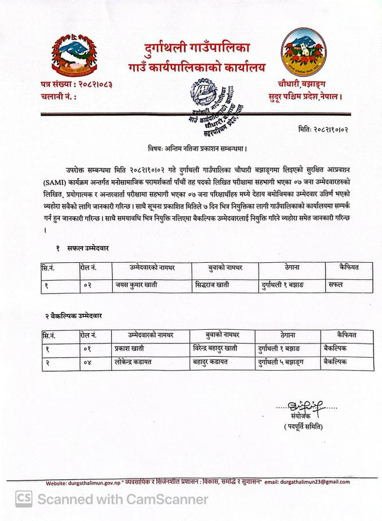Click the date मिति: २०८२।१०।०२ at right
(x=323, y=129)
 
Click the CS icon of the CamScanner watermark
(x=23, y=499)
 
